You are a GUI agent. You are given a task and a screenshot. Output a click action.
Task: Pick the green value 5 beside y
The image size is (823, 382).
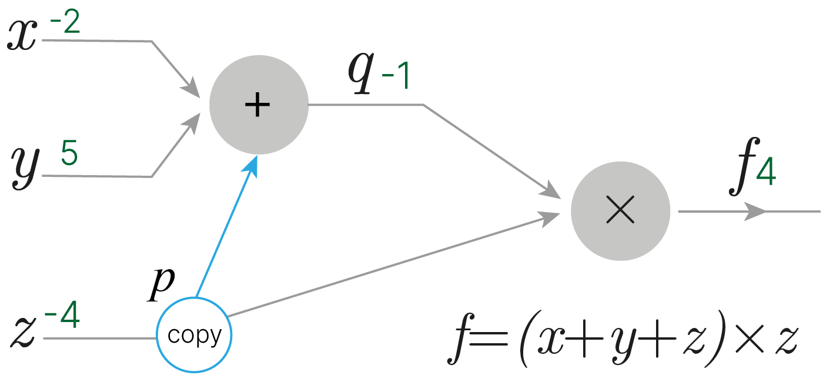point(69,155)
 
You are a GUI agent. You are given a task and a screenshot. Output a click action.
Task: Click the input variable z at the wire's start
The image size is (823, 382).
point(23,334)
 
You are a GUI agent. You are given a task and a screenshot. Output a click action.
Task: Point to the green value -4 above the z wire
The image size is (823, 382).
point(62,317)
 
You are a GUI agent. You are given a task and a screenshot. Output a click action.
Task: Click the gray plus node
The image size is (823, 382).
point(259,105)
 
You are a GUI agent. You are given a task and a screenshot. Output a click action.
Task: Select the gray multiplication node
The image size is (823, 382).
point(620,210)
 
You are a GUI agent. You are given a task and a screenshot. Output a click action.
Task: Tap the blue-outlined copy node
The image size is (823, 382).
point(194,336)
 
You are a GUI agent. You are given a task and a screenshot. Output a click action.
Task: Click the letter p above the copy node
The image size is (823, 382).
point(160,284)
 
